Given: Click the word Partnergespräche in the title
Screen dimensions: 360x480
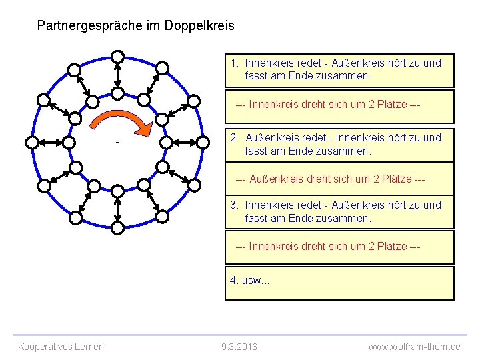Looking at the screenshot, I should click(87, 26).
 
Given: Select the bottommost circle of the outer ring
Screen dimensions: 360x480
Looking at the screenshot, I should click(117, 228).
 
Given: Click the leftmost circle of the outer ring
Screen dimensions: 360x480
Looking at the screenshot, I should click(31, 142).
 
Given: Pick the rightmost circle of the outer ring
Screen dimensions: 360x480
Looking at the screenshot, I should click(203, 142).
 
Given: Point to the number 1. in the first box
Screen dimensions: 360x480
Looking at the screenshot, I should click(235, 63).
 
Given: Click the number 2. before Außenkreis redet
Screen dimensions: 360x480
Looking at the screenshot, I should click(235, 138).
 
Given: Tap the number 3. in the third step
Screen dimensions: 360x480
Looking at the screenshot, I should click(235, 205).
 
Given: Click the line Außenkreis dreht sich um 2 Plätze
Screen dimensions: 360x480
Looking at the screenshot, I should click(331, 180).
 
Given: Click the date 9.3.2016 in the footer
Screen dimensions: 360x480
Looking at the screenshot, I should click(239, 347).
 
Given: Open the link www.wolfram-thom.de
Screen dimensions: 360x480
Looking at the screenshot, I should click(414, 347).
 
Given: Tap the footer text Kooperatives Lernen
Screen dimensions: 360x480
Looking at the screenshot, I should click(61, 347).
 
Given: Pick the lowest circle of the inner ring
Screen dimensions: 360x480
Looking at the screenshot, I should click(117, 191).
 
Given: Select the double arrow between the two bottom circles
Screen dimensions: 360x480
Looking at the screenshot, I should click(117, 209).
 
